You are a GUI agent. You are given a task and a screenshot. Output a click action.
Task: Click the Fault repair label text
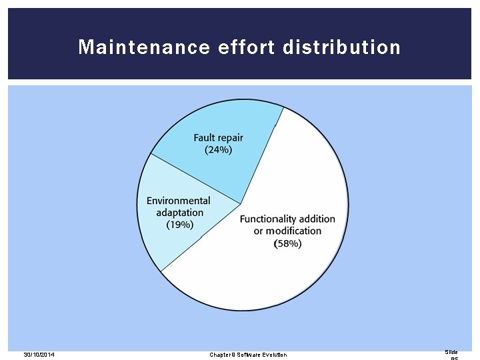coord(218,138)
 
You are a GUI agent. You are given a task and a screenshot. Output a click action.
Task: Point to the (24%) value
coord(218,150)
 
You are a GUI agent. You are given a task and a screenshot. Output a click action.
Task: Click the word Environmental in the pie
coord(178,201)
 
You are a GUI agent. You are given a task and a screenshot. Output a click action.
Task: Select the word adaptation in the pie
coord(180,213)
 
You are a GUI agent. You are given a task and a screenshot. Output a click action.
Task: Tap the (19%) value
coord(180,225)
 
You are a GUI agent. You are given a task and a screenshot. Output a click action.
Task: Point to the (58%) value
coord(288,244)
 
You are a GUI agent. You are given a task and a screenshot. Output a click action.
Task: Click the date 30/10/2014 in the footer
coord(39,355)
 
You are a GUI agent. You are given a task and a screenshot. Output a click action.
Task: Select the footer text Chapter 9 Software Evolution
coord(248,355)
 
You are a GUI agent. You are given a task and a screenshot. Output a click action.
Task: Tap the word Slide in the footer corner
coord(451,352)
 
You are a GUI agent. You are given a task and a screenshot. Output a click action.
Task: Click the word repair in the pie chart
coord(231,138)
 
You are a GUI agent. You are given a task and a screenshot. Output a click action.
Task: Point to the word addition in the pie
coord(317,219)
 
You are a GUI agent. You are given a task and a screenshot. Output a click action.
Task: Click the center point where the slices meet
coord(240,203)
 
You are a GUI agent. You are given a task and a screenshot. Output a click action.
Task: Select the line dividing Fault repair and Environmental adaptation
coord(195,179)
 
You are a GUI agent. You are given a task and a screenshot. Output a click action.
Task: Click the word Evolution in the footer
coord(274,355)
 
